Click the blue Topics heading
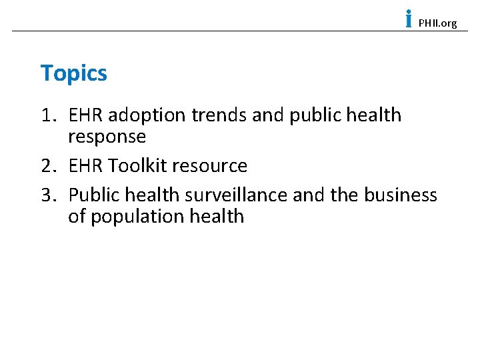coord(73,73)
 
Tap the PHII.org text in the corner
coord(437,23)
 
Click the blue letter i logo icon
coord(408,19)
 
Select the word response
coord(107,137)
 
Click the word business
coord(400,195)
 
